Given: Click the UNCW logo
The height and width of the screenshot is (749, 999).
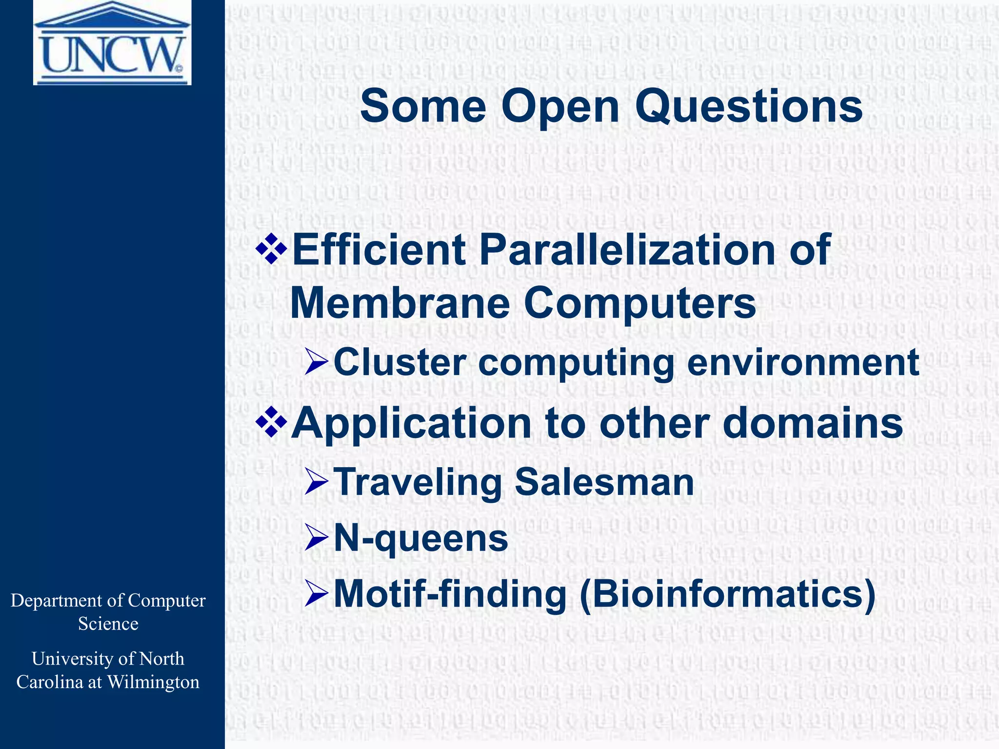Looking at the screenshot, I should pyautogui.click(x=112, y=43).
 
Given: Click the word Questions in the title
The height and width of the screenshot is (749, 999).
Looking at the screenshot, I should pyautogui.click(x=749, y=107).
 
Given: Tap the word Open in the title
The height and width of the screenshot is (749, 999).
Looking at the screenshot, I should pyautogui.click(x=560, y=107).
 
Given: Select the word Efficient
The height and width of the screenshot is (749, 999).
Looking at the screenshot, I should pyautogui.click(x=378, y=250).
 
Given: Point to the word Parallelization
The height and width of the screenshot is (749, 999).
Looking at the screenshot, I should pyautogui.click(x=627, y=250).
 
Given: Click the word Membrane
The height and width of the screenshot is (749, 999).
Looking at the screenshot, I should pyautogui.click(x=400, y=303).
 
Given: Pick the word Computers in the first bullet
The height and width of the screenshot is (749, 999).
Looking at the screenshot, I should pyautogui.click(x=640, y=303).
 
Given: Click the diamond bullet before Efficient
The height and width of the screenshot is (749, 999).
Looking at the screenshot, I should pyautogui.click(x=271, y=248).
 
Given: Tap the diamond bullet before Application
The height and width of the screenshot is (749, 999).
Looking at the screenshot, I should pyautogui.click(x=271, y=422).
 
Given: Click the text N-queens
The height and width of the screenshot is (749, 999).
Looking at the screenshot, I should pyautogui.click(x=420, y=539).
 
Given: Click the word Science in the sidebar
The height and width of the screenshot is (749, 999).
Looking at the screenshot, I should pyautogui.click(x=108, y=624).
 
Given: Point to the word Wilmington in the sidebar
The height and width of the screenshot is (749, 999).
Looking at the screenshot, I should pyautogui.click(x=153, y=682).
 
